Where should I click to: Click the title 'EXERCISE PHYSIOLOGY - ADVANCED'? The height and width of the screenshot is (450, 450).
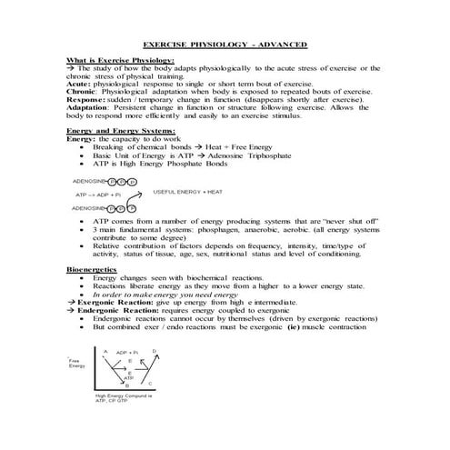click(x=225, y=45)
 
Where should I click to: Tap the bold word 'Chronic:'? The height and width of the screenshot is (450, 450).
click(x=83, y=92)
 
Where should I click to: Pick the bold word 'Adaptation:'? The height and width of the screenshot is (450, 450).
click(x=90, y=107)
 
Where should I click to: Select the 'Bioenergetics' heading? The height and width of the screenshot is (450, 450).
click(x=92, y=270)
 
